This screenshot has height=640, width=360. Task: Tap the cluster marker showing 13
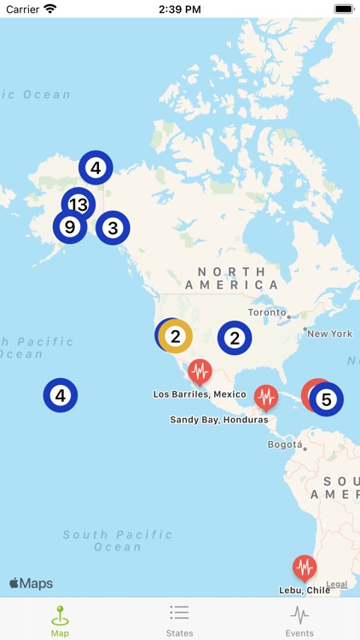tap(78, 204)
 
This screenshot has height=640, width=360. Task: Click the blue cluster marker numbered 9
tap(70, 227)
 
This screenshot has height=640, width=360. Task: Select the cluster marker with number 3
tap(113, 228)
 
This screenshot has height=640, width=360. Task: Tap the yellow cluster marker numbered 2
tap(176, 336)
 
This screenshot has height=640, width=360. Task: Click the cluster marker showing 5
tap(326, 399)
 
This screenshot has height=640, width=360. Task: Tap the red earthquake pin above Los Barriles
tap(200, 372)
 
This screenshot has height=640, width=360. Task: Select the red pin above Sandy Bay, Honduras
tap(266, 397)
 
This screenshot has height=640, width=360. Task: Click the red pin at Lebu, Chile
tap(305, 567)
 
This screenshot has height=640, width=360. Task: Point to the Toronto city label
tap(268, 312)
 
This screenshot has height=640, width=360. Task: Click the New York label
tap(329, 334)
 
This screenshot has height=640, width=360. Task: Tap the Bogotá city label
tap(285, 445)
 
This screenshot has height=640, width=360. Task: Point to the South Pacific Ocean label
tap(118, 540)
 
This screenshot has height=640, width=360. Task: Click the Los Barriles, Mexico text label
tap(200, 394)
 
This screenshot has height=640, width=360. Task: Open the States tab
tap(179, 620)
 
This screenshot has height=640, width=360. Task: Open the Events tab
tap(299, 620)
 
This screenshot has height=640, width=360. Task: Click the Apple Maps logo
tap(32, 584)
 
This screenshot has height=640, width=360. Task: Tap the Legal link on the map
tap(337, 585)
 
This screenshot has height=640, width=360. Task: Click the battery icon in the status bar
tap(343, 9)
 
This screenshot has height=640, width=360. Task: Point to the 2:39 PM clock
tap(179, 9)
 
